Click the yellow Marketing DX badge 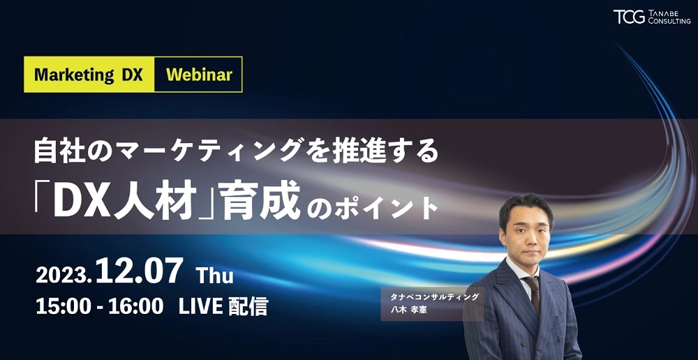click(x=89, y=75)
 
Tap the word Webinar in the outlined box click(x=199, y=75)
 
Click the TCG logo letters click(x=629, y=17)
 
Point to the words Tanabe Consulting click(x=669, y=17)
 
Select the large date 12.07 click(x=139, y=271)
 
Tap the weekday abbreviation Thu click(x=214, y=276)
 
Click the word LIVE click(x=200, y=307)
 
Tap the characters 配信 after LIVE click(x=248, y=307)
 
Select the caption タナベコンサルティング click(x=434, y=297)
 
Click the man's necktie click(x=532, y=294)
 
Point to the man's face click(x=526, y=233)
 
